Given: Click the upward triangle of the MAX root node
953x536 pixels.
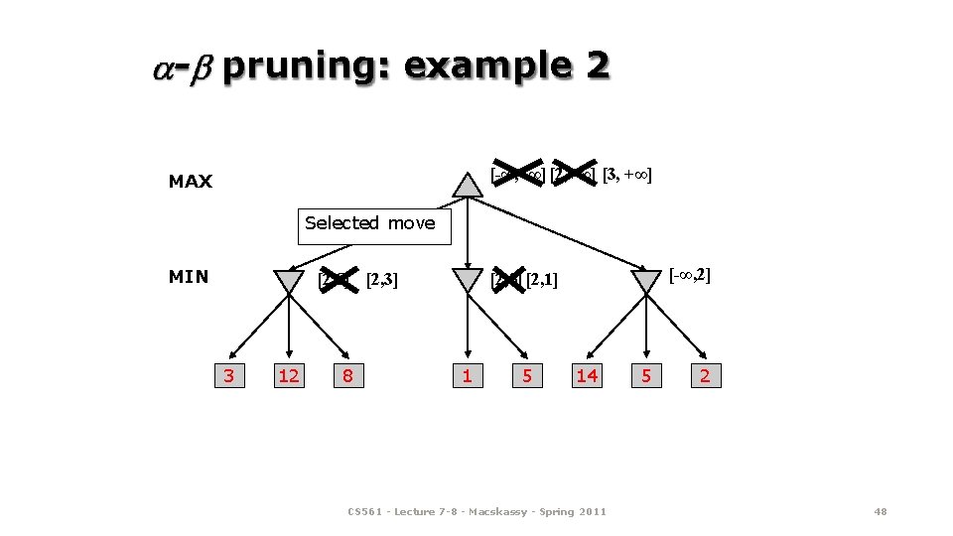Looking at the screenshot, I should point(467,185).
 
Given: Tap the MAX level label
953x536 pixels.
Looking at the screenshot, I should point(190,182).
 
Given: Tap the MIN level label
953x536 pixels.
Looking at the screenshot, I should point(189,277).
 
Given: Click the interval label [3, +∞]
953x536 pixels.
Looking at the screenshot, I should point(626,177).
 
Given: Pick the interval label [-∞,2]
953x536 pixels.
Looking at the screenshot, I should point(690,274).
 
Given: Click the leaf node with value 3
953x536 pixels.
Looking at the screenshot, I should point(229,375).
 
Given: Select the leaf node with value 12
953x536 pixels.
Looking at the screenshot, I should point(289,375).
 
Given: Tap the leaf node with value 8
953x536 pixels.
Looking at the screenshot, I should point(347,375).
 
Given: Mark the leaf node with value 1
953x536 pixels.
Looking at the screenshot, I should point(467,375).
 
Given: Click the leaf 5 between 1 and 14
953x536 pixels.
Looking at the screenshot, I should point(527,375).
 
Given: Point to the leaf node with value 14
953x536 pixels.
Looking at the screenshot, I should point(587,375).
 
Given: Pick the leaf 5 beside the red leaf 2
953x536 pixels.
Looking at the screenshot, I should point(646,375).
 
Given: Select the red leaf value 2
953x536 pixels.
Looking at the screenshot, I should point(705,375).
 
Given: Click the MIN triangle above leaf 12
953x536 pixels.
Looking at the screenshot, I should point(288,281).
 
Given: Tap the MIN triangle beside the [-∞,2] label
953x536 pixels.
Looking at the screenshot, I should point(646,281).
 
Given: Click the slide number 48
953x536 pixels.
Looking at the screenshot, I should point(880,511).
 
